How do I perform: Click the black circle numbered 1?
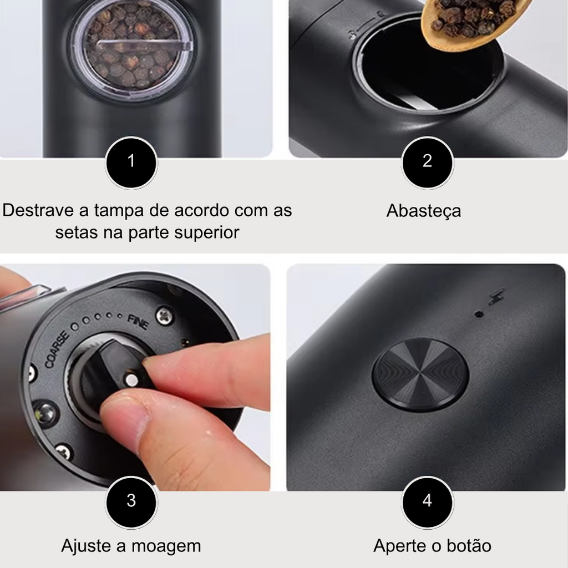131,163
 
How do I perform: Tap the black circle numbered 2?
428,163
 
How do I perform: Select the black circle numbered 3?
131,502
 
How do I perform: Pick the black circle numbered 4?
428,502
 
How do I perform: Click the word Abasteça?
424,211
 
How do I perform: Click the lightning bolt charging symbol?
496,297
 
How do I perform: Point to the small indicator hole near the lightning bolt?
479,314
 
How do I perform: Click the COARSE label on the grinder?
57,350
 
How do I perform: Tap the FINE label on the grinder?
138,322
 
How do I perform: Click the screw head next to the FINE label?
164,316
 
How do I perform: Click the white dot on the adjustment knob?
131,379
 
